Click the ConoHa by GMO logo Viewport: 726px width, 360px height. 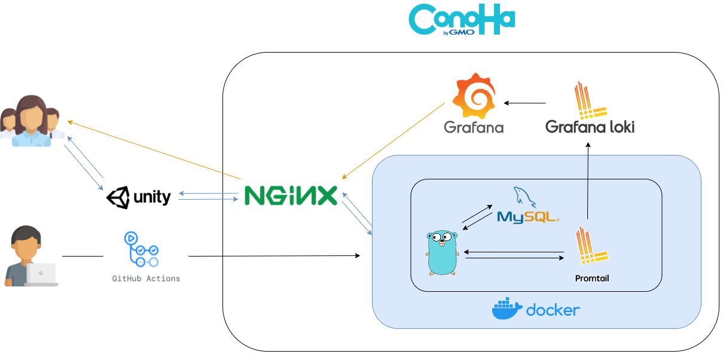coord(462,19)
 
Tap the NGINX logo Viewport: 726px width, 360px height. coord(291,196)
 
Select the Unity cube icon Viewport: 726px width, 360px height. coord(118,197)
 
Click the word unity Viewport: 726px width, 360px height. coord(152,197)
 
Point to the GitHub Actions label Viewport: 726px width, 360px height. coord(146,278)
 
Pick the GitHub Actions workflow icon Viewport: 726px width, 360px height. coord(141,249)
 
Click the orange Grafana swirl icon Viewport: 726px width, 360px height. coord(474,96)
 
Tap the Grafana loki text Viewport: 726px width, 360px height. coord(590,127)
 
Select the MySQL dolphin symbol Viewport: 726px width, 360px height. coord(524,197)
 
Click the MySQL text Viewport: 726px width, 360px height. coord(528,217)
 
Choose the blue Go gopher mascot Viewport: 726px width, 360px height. coord(443,253)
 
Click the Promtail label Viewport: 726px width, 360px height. coord(592,278)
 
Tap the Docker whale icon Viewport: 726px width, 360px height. coord(507,309)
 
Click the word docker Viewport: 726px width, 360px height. coord(553,310)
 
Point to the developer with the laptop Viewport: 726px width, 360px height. coord(31,256)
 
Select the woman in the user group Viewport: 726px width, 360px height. coord(31,121)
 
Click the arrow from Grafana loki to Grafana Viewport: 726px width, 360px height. coord(524,103)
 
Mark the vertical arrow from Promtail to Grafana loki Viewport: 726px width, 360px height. coord(588,181)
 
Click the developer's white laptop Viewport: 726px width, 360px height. coord(42,274)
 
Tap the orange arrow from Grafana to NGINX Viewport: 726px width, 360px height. coord(393,141)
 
